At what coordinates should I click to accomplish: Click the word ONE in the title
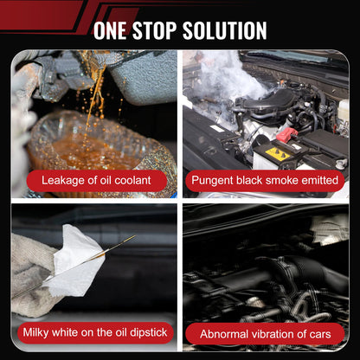pos(110,30)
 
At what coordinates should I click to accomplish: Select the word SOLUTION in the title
pos(225,30)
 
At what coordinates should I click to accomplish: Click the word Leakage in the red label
pos(63,181)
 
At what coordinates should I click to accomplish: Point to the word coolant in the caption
pos(132,180)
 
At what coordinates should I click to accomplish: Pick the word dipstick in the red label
pos(148,332)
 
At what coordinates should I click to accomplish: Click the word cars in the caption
pos(320,335)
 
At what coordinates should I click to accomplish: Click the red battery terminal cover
pos(286,134)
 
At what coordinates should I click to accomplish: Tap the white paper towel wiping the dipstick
pos(76,261)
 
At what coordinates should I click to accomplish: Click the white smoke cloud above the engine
pos(231,78)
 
